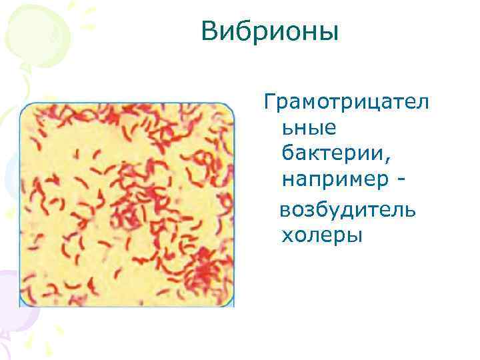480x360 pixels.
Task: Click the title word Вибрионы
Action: pyautogui.click(x=270, y=32)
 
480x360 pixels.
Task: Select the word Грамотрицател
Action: pyautogui.click(x=347, y=103)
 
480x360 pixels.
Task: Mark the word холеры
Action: pyautogui.click(x=321, y=235)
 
